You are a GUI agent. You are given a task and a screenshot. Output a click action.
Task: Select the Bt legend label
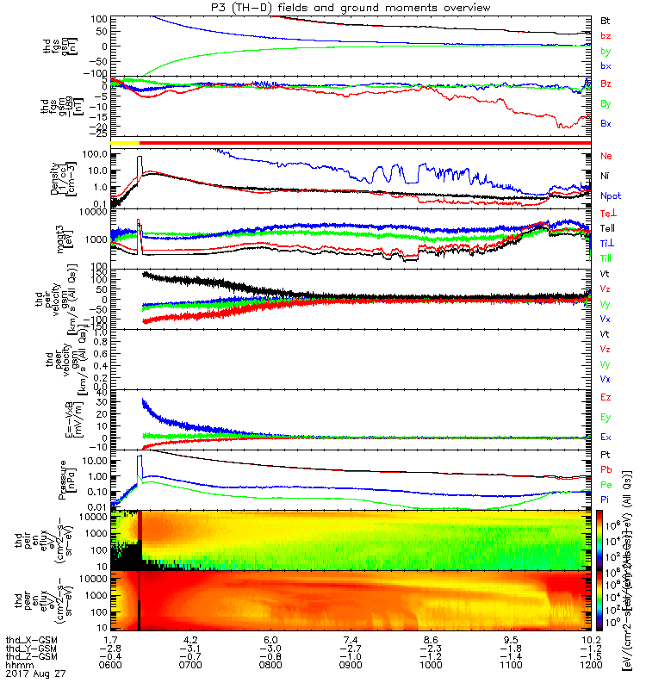606,19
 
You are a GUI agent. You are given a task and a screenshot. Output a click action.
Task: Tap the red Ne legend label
606,156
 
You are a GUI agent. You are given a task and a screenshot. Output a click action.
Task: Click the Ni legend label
605,176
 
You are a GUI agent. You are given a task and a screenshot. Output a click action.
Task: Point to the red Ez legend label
606,397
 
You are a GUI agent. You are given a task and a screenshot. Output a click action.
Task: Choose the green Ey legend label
606,417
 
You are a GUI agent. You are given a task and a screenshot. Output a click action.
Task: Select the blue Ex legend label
606,437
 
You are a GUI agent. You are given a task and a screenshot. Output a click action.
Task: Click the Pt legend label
605,452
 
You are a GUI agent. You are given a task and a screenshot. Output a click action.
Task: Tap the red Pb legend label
606,469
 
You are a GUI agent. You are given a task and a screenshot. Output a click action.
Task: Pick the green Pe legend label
606,485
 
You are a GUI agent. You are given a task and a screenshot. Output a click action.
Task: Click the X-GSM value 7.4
350,641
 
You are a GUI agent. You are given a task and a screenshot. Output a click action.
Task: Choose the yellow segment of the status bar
125,141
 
